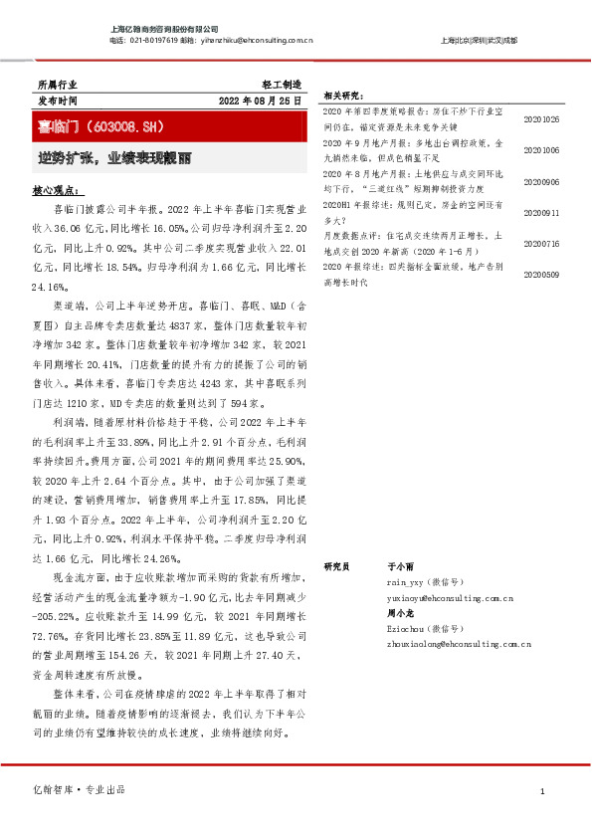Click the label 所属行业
click(56, 86)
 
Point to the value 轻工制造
click(282, 86)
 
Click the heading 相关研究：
click(343, 97)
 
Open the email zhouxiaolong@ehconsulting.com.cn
click(458, 645)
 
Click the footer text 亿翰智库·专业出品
click(81, 790)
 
